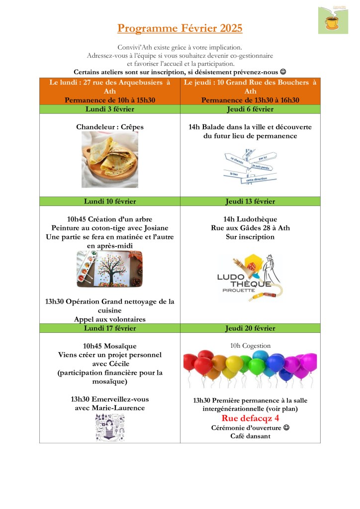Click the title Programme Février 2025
tap(180, 28)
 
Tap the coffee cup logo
tap(333, 20)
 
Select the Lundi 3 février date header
tap(109, 109)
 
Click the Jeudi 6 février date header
tap(250, 109)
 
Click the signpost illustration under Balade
tap(250, 167)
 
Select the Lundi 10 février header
tap(109, 202)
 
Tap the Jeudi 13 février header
tap(250, 202)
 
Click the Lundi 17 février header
tap(109, 328)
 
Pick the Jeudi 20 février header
tap(250, 328)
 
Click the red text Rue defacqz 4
tap(250, 418)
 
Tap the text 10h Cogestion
tap(250, 346)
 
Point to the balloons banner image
tap(250, 370)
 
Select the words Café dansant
tap(250, 436)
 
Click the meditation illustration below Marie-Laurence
tap(110, 427)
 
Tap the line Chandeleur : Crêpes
tap(110, 127)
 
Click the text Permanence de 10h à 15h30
tap(110, 100)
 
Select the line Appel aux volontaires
tap(110, 319)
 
